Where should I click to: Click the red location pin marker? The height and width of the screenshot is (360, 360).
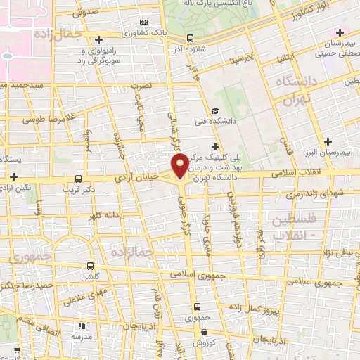pyautogui.click(x=180, y=166)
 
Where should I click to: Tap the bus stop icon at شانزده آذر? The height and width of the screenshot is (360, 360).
pyautogui.click(x=191, y=39)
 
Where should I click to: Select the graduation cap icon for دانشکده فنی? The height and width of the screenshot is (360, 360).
pyautogui.click(x=215, y=110)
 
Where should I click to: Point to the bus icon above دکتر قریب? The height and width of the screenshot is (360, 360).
pyautogui.click(x=78, y=179)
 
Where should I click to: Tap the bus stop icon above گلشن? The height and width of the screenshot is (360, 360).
pyautogui.click(x=90, y=266)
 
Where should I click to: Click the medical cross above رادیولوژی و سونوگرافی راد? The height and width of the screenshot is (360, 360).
pyautogui.click(x=99, y=39)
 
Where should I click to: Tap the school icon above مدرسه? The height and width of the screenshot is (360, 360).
pyautogui.click(x=82, y=326)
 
